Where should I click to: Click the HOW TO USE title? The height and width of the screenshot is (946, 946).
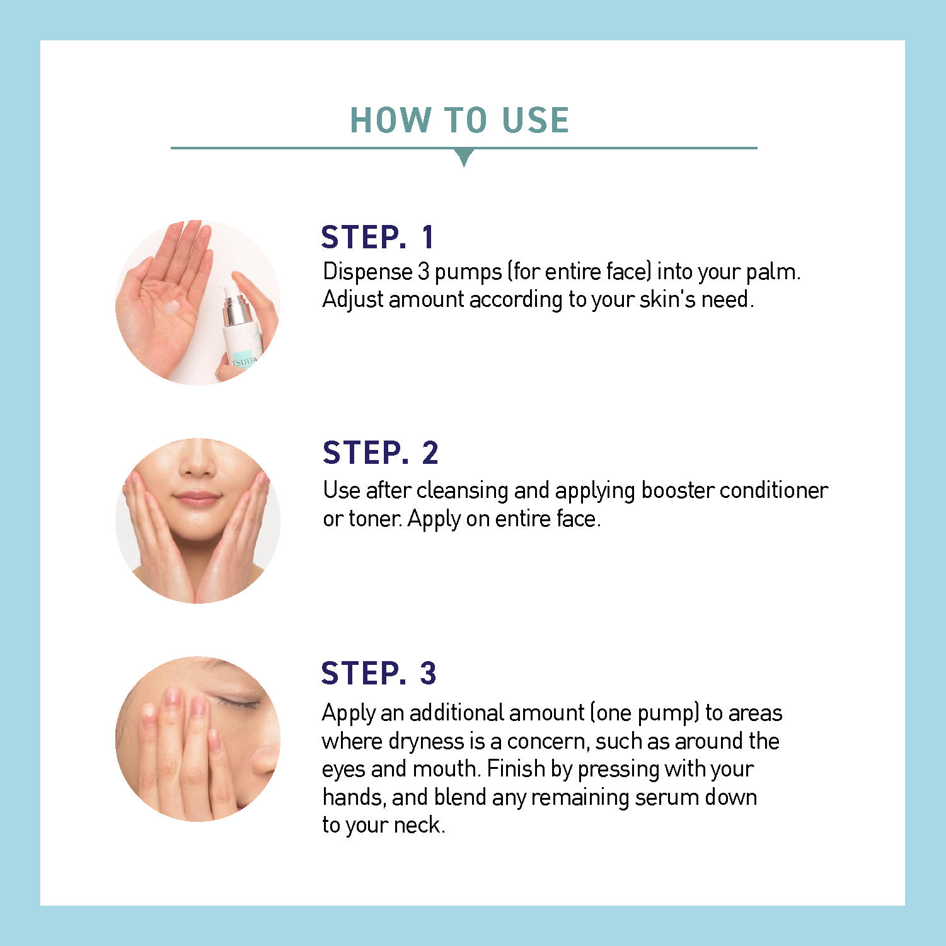(459, 120)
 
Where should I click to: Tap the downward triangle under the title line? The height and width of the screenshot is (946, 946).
(464, 157)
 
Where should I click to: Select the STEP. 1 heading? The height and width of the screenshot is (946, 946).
(378, 237)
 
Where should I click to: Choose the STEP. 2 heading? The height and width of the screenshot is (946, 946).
(380, 453)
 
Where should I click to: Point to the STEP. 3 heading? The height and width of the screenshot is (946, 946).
(378, 673)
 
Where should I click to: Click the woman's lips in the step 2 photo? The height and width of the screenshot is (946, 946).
(197, 499)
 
